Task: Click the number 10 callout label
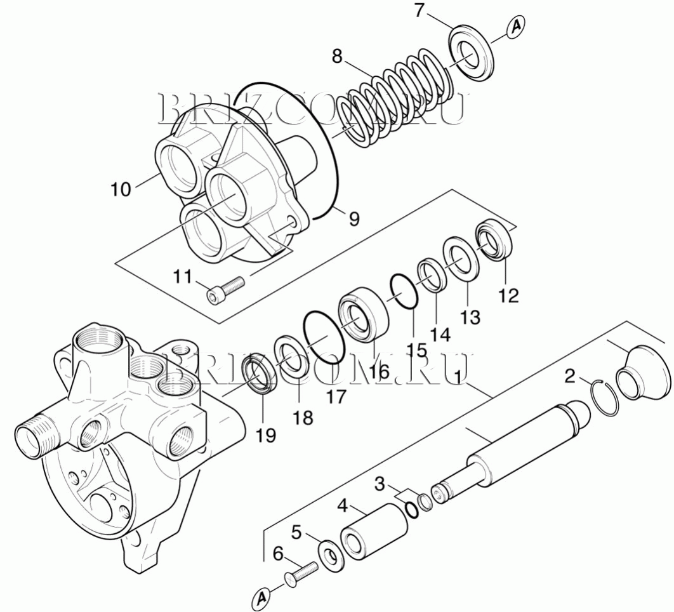121,189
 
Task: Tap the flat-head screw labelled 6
301,573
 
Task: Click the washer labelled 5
331,555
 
